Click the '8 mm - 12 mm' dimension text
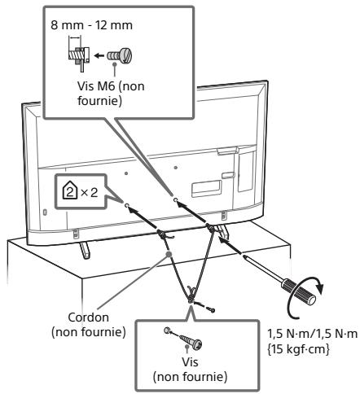(x=92, y=25)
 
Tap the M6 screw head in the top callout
(x=126, y=55)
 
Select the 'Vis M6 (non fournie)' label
(x=111, y=94)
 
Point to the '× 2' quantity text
(x=89, y=193)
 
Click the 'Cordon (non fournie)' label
(x=89, y=325)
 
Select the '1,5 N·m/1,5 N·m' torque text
(x=313, y=334)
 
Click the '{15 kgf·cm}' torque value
(x=298, y=349)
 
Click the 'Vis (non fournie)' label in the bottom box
(x=190, y=370)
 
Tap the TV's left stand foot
(x=84, y=250)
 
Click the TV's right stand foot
(x=223, y=231)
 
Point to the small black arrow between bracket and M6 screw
(x=99, y=55)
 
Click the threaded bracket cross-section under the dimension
(x=78, y=56)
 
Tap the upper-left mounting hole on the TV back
(x=126, y=173)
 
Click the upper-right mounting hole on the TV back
(x=176, y=168)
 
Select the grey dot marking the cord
(x=169, y=254)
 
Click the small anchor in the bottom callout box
(x=168, y=331)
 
